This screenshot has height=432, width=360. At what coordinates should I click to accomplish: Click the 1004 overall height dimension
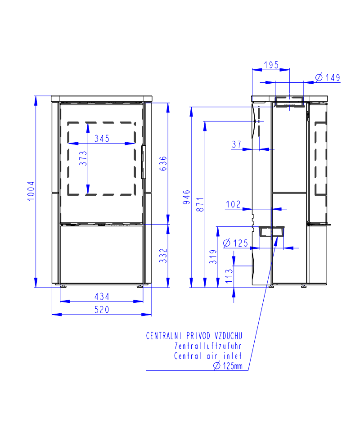click(31, 191)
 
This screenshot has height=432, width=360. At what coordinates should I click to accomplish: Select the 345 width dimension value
click(102, 138)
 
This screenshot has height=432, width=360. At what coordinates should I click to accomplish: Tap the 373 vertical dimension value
click(83, 158)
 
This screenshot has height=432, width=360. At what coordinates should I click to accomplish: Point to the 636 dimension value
click(163, 163)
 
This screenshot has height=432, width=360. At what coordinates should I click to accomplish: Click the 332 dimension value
click(163, 256)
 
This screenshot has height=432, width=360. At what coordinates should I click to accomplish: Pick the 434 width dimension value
click(102, 297)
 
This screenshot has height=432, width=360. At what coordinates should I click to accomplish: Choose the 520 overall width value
click(102, 310)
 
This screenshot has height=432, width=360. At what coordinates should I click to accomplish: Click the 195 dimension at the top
click(271, 65)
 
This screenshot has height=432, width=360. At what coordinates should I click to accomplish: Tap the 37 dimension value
click(237, 144)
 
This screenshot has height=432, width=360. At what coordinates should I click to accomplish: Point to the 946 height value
click(186, 197)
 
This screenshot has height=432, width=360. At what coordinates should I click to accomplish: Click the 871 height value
click(200, 204)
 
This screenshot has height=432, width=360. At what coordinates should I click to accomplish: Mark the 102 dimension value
click(233, 204)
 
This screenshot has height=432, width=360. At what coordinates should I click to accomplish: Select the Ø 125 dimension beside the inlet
click(235, 243)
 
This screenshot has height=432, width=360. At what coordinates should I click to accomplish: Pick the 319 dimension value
click(213, 257)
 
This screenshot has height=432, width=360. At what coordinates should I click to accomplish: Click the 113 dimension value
click(229, 276)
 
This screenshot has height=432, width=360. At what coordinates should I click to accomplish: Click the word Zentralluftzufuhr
click(208, 346)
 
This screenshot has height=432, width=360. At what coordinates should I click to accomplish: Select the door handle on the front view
click(144, 162)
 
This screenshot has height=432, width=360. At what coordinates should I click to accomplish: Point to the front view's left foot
click(63, 287)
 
